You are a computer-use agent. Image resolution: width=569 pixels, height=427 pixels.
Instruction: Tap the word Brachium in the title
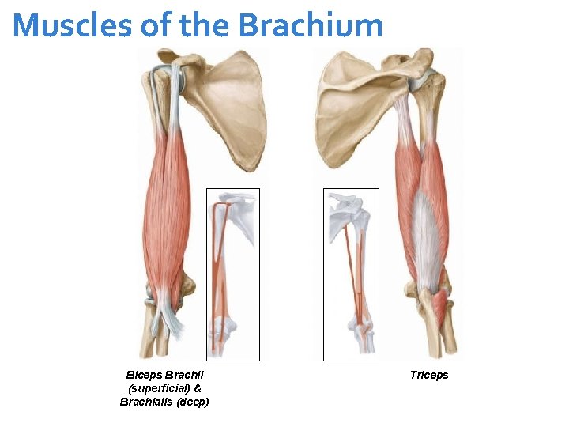[x=311, y=25]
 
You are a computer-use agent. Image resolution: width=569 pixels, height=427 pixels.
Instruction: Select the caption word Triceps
[x=429, y=375]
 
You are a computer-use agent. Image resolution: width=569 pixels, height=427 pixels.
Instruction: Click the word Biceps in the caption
[x=143, y=375]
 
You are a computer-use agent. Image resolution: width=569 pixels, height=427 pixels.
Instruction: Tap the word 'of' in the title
[x=154, y=25]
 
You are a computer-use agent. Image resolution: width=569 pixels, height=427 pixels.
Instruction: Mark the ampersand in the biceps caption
[x=197, y=388]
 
